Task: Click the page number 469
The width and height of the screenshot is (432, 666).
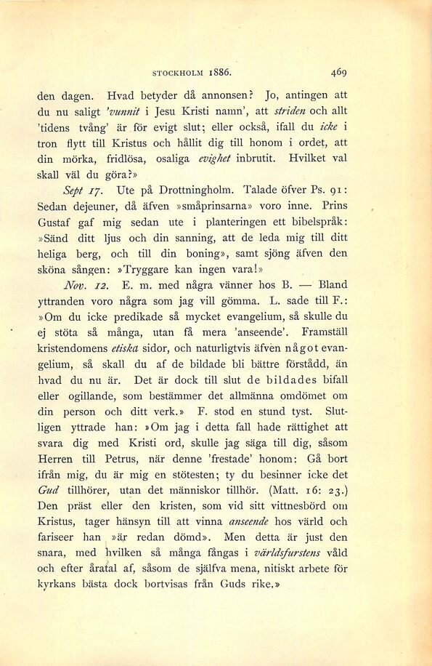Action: pyautogui.click(x=338, y=73)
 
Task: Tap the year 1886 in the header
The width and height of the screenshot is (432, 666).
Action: pyautogui.click(x=219, y=73)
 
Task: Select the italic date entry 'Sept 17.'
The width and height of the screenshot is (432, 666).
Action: pyautogui.click(x=81, y=191)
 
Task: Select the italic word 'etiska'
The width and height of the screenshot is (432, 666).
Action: pyautogui.click(x=142, y=348)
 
